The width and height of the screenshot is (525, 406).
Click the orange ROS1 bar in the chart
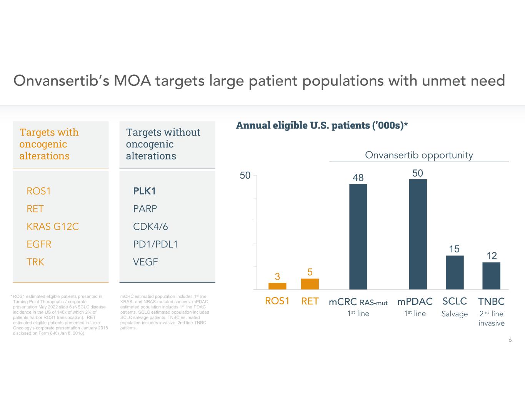coord(277,286)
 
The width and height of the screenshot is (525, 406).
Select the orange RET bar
coord(310,284)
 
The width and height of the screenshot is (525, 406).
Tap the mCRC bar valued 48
coord(358,237)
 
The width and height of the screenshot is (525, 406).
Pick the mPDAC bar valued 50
coord(418,234)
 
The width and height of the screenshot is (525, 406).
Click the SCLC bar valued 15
coord(455,272)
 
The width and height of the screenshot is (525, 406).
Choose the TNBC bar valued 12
coord(491,276)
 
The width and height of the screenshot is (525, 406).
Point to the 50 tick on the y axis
coord(245,176)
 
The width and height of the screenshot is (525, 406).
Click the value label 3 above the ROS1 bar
coord(277,276)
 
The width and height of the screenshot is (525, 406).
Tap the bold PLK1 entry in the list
coord(144,191)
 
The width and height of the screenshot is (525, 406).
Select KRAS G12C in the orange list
coord(53,227)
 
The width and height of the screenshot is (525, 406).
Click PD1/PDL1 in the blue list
coord(155,244)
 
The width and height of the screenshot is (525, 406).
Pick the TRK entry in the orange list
coord(35,262)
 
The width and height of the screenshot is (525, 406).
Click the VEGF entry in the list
coord(145,262)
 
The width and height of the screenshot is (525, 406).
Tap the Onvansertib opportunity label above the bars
coord(419,155)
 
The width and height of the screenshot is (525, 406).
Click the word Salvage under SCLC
coord(455,314)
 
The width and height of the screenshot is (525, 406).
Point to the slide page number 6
coord(510,340)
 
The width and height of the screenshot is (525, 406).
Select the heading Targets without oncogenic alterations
coord(163,144)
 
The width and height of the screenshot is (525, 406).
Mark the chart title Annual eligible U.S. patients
coord(322,125)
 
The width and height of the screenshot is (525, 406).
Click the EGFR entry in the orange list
coord(39,244)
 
